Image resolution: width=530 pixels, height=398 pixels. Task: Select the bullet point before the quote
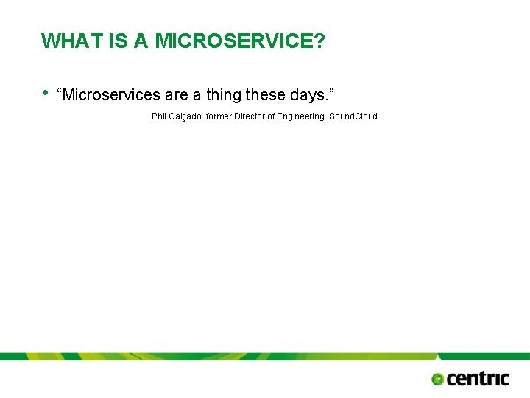pos(46,92)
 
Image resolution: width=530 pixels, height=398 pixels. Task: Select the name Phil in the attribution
pos(159,116)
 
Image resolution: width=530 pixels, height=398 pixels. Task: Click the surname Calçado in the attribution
pos(186,116)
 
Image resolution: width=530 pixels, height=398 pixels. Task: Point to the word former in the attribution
pos(219,116)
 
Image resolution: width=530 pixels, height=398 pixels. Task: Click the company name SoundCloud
pos(353,116)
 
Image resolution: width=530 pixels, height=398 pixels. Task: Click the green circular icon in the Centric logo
pos(437,380)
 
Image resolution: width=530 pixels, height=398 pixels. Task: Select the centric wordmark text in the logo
pos(478,379)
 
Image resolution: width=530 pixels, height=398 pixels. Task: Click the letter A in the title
pos(141,41)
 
